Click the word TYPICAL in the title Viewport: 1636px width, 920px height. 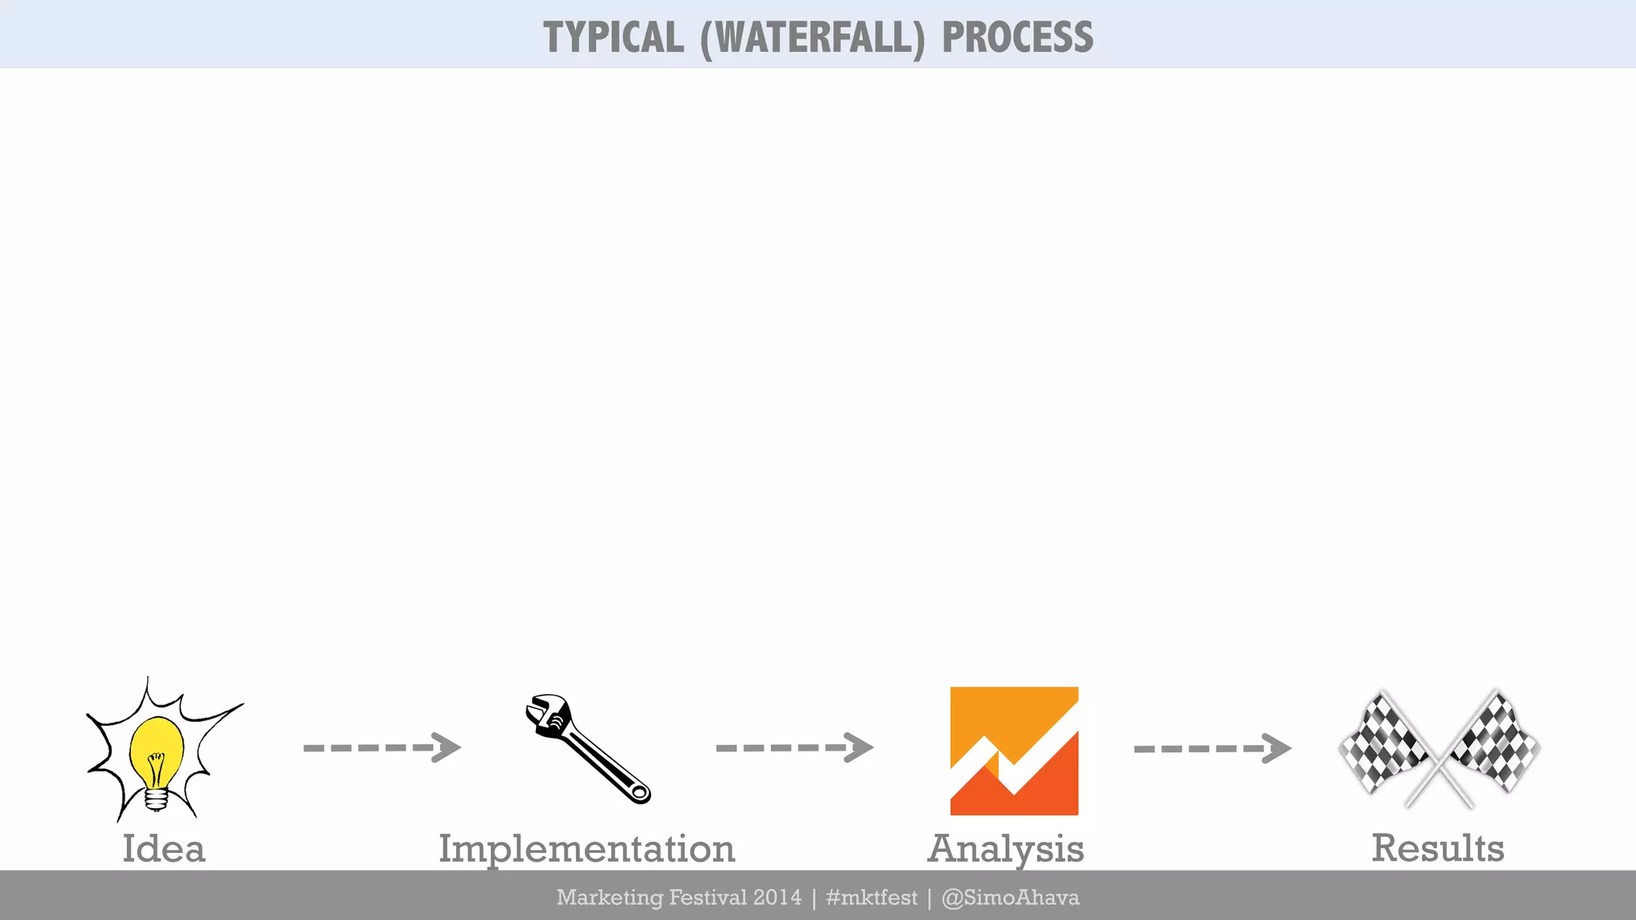[613, 38]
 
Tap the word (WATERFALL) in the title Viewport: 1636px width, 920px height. [812, 38]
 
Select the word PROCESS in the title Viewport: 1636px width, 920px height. [1018, 38]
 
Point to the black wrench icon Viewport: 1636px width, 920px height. [588, 748]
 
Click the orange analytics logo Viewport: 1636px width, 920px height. [1014, 751]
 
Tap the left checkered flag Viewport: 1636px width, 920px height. [1384, 743]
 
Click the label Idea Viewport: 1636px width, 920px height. [164, 848]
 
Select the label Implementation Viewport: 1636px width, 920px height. [586, 849]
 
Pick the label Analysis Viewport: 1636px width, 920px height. [1006, 849]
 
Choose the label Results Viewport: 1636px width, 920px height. [1438, 848]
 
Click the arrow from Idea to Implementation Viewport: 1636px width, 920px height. [382, 747]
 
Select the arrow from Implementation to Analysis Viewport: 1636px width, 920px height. [795, 747]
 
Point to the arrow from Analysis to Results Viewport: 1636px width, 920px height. [1213, 748]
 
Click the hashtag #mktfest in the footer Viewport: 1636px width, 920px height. [872, 898]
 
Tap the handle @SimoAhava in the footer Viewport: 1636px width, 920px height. [1011, 898]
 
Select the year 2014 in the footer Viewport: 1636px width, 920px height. [777, 898]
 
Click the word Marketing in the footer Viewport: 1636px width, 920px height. [610, 898]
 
